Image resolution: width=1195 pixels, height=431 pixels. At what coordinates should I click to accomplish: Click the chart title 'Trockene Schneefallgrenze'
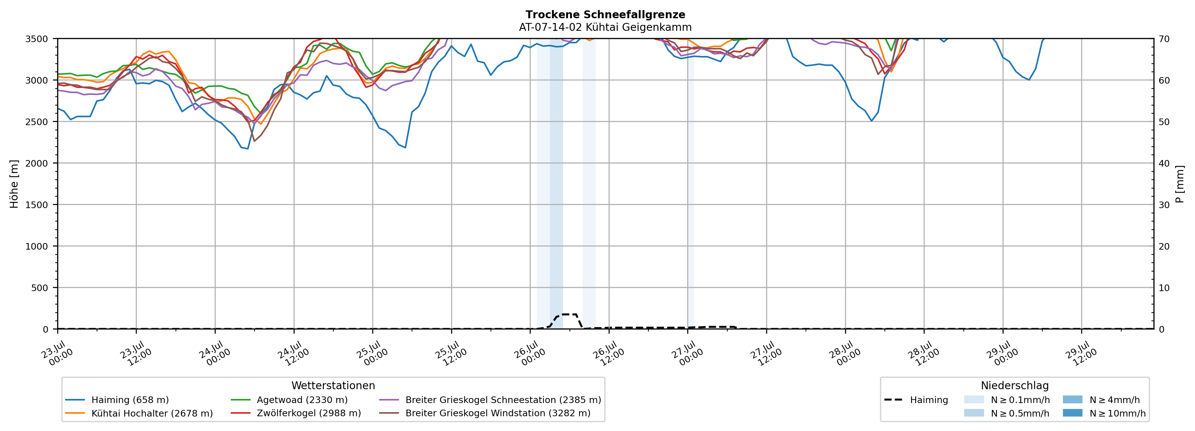coord(606,15)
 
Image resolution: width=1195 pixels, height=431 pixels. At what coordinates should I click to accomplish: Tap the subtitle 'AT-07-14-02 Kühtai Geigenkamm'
coord(606,27)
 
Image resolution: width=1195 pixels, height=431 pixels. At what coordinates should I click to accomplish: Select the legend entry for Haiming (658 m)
coord(117,400)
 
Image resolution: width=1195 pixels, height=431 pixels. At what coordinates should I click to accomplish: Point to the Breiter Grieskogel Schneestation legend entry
coord(490,400)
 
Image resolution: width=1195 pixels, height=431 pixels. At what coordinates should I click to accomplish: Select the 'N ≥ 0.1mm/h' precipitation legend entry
coord(1007,400)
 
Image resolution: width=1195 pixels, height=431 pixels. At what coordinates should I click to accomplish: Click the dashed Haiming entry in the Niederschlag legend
coord(916,400)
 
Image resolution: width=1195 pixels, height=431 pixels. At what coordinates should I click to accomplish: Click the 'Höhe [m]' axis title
coord(14,184)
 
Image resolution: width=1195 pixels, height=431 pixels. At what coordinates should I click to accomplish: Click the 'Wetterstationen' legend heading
coord(333,385)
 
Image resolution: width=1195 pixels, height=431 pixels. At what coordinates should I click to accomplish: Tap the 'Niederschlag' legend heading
coord(1015,385)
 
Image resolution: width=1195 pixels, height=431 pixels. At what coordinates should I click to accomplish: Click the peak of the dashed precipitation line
coord(569,315)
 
